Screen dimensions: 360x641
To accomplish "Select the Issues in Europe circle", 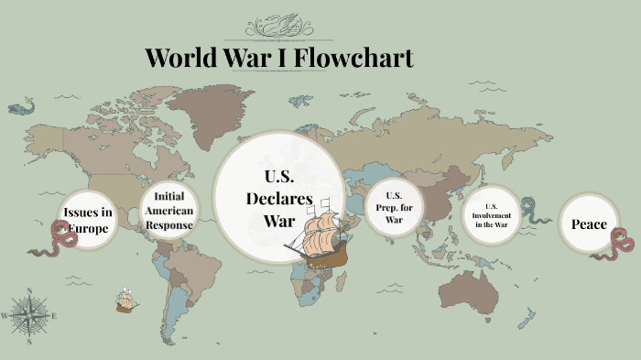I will [88, 220].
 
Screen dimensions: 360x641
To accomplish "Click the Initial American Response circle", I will [168, 211].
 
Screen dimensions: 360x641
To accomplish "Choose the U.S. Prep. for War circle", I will [393, 208].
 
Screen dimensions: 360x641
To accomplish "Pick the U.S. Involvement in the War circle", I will [490, 215].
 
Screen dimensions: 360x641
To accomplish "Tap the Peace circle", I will [588, 224].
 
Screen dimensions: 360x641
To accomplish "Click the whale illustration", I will [20, 108].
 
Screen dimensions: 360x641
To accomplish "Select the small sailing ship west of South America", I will [126, 299].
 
